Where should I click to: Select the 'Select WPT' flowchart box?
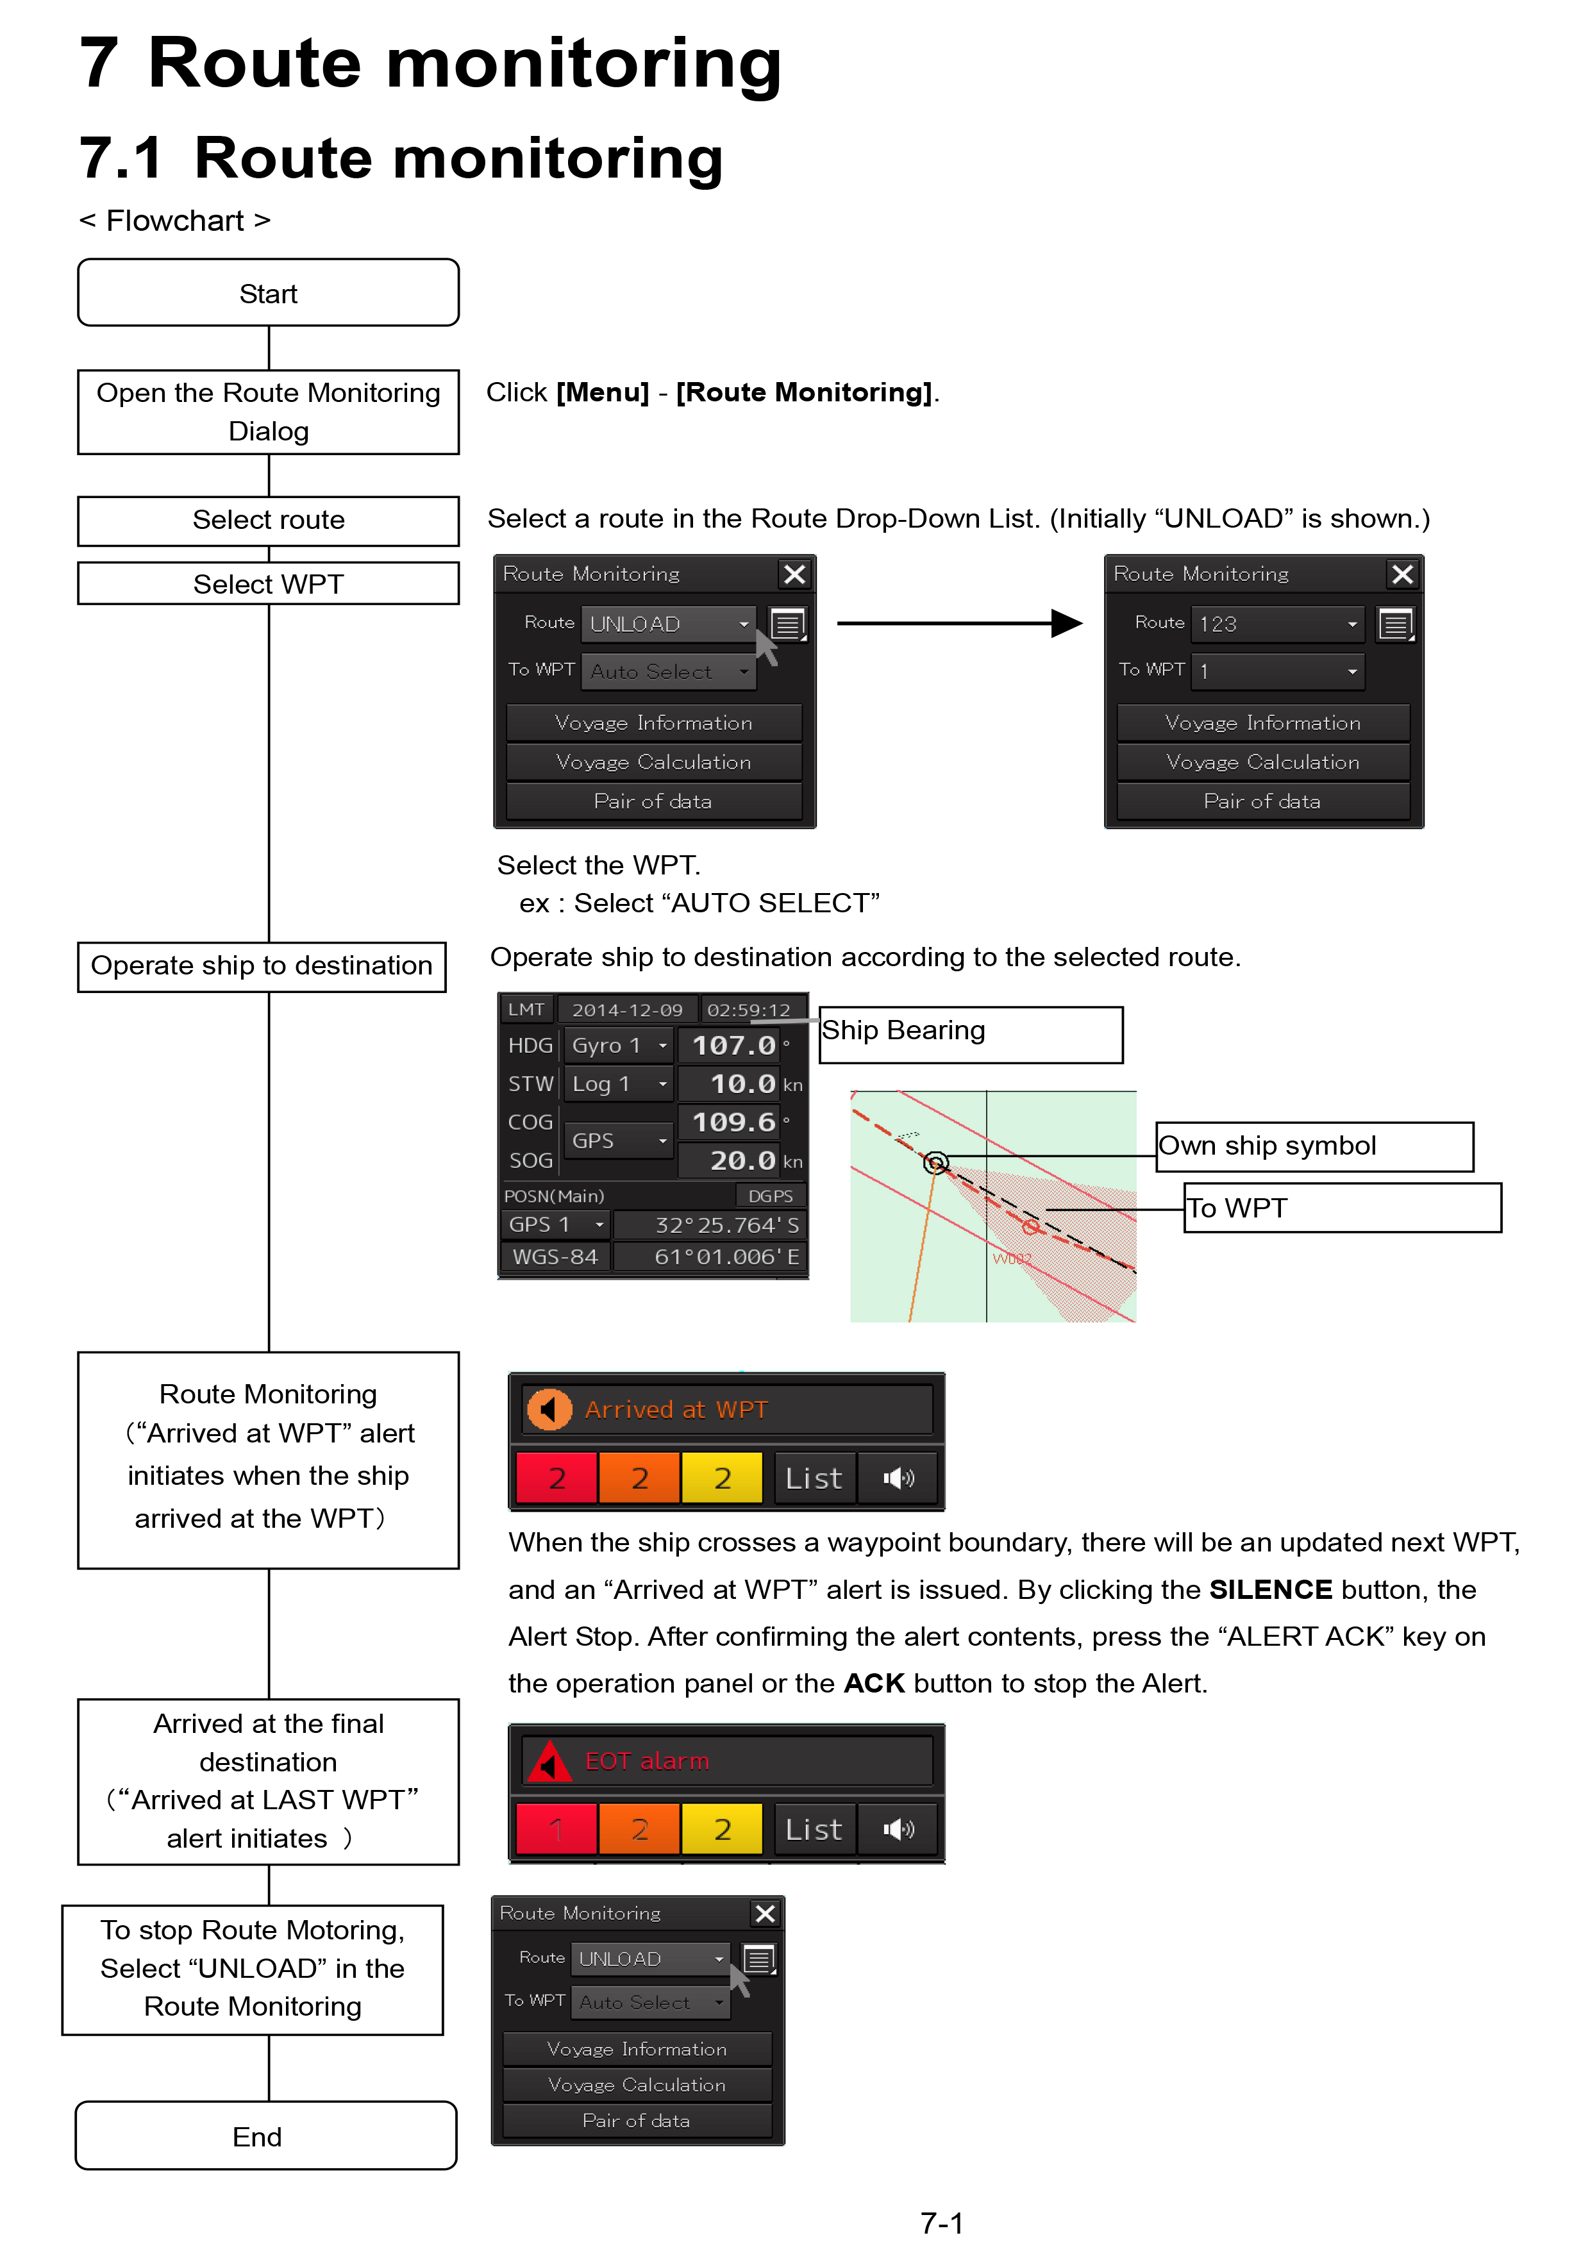click(x=269, y=584)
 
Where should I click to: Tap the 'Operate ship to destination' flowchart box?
click(x=262, y=966)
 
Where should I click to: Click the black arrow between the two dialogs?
click(x=959, y=623)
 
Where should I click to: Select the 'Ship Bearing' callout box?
click(x=971, y=1034)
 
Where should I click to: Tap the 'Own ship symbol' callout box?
click(x=1315, y=1146)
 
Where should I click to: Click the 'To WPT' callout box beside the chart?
click(x=1342, y=1208)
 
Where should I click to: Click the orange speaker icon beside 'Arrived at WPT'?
click(x=549, y=1410)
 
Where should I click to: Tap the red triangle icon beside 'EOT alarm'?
click(x=549, y=1761)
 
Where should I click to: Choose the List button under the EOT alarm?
click(x=814, y=1829)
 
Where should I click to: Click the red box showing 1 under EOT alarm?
click(x=556, y=1829)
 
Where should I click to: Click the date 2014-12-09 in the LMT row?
click(x=627, y=1009)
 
